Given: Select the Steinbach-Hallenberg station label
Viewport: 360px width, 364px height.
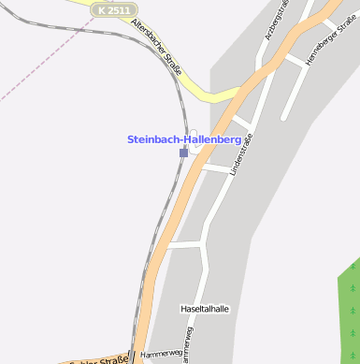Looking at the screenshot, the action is coord(183,139).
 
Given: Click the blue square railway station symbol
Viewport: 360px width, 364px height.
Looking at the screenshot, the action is coord(184,152).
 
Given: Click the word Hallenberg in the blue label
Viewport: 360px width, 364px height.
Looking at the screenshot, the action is coord(214,139).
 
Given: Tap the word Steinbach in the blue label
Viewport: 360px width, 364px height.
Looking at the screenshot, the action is coord(153,139).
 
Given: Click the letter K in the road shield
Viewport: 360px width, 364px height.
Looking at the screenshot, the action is coord(102,9).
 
